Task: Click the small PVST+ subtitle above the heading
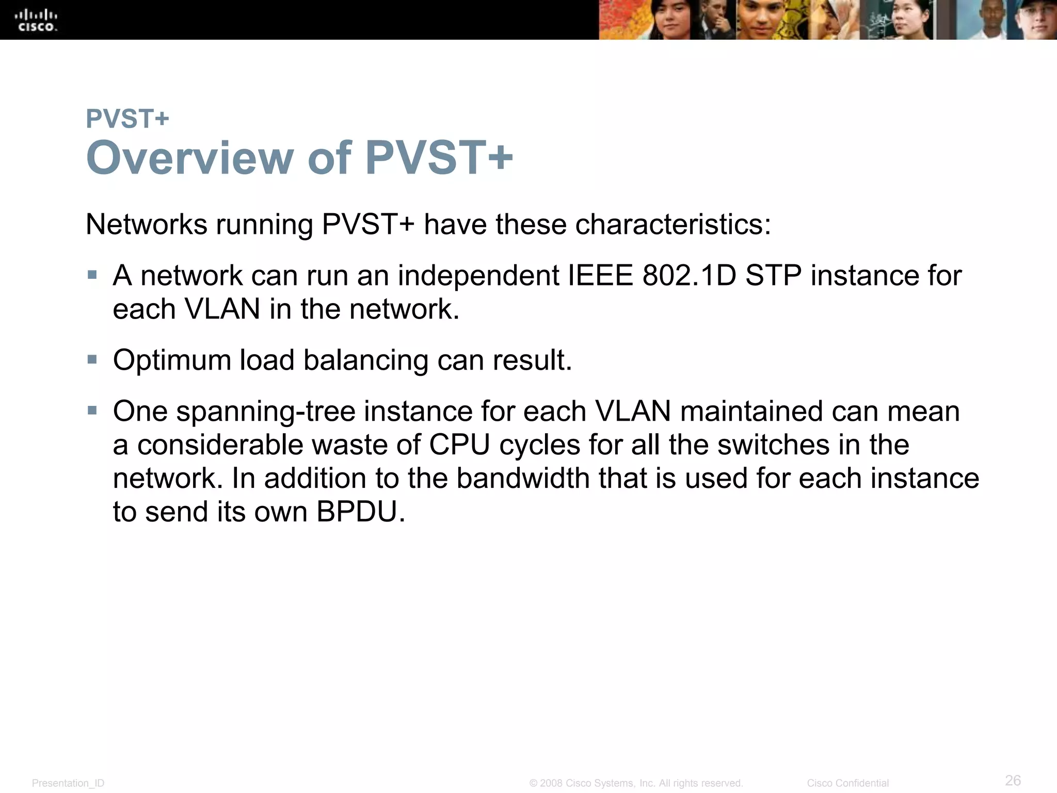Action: pos(127,119)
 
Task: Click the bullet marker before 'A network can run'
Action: pos(92,275)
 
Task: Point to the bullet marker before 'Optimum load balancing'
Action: pos(92,359)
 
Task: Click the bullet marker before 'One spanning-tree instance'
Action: pos(92,410)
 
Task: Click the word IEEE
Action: pos(600,276)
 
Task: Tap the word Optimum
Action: pos(172,360)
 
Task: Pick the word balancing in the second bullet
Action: pos(365,360)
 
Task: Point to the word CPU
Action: pos(459,445)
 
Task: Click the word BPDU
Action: pos(360,512)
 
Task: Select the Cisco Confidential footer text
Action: pos(847,783)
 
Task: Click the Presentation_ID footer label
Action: pos(68,783)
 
